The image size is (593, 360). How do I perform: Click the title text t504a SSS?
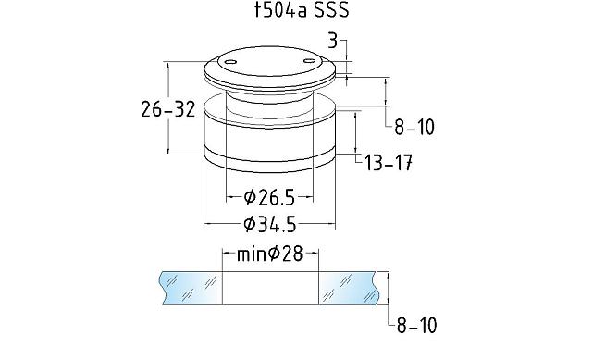pyautogui.click(x=302, y=10)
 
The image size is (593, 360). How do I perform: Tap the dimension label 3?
pyautogui.click(x=332, y=40)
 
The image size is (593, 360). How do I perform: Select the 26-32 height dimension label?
pyautogui.click(x=168, y=109)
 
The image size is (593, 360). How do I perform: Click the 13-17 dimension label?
pyautogui.click(x=389, y=164)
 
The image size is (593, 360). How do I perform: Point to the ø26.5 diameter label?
pyautogui.click(x=269, y=197)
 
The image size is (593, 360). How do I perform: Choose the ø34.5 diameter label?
pyautogui.click(x=270, y=225)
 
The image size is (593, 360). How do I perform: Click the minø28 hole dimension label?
pyautogui.click(x=270, y=254)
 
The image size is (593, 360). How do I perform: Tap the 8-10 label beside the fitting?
pyautogui.click(x=414, y=127)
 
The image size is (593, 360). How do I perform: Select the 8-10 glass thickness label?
pyautogui.click(x=416, y=325)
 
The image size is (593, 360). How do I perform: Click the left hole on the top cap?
pyautogui.click(x=229, y=62)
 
